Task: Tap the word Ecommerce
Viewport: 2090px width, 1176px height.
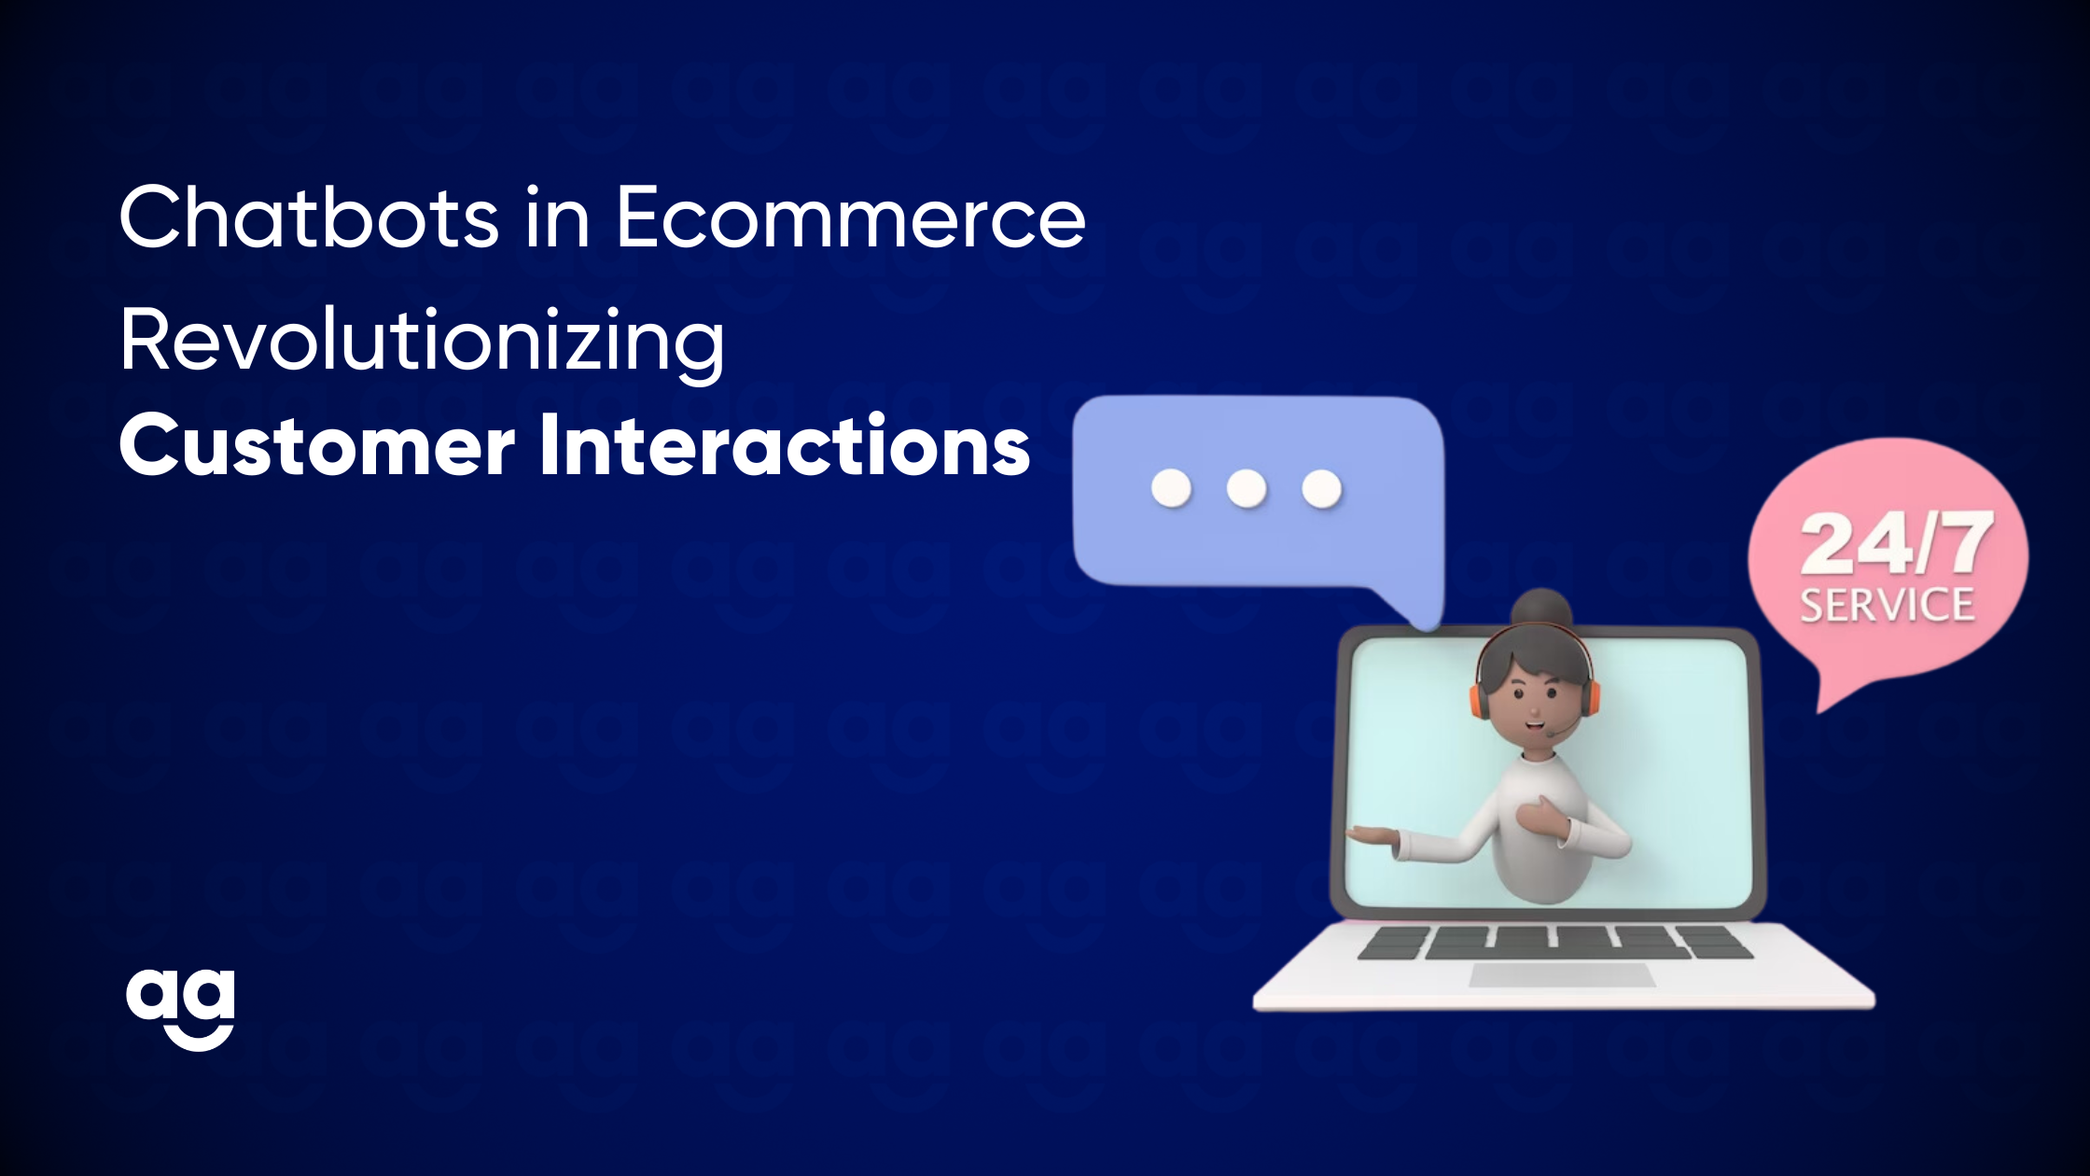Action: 851,217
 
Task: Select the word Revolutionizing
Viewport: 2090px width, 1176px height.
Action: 423,343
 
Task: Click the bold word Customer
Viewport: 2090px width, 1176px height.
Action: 317,446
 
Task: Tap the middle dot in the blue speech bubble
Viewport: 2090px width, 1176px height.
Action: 1247,488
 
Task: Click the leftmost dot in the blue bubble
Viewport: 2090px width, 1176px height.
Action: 1172,488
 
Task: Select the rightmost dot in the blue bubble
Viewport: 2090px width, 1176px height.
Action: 1321,488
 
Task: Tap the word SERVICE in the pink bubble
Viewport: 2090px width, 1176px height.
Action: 1887,605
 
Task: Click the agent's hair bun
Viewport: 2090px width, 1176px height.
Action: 1542,609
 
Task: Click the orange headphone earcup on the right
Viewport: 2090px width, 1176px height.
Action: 1590,698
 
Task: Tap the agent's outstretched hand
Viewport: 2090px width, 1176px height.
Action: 1373,836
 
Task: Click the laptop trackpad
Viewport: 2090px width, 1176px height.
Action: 1562,976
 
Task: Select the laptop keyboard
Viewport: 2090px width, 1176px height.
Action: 1555,943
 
